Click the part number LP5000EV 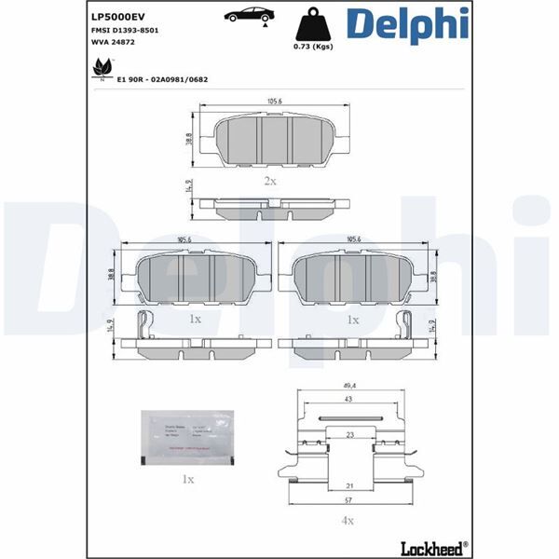[119, 16]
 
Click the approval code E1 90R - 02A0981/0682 [162, 80]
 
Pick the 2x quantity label [269, 180]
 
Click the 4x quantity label [347, 519]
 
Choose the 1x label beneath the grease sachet [187, 479]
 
